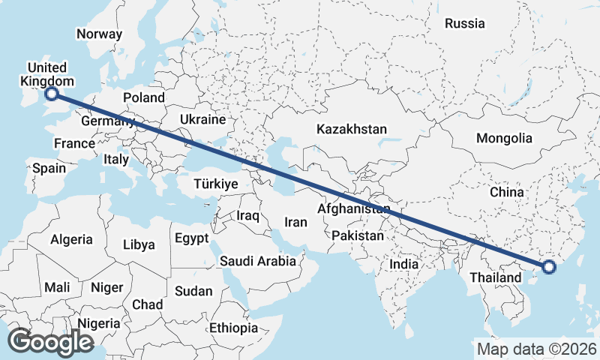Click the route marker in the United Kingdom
52,94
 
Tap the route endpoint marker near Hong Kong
548,266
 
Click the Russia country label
464,23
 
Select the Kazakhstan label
351,129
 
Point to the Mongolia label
504,138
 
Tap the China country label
506,192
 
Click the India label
403,264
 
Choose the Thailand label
495,277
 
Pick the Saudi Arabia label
257,261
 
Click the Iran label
295,222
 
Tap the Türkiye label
215,184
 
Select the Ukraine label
202,119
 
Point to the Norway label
99,34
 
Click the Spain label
49,168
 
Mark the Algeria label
71,240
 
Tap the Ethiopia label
233,328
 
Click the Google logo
50,342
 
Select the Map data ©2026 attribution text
536,349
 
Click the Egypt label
191,238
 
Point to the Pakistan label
358,235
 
